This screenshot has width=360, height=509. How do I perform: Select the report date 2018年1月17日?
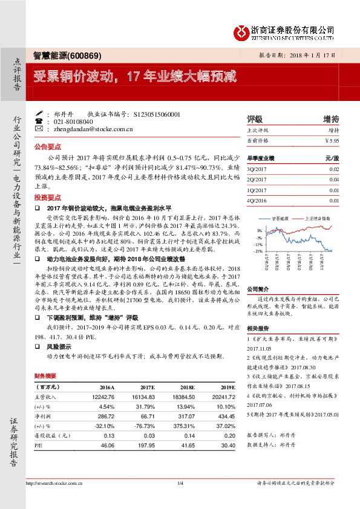[x=315, y=54]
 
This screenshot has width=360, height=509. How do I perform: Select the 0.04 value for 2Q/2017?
[x=335, y=180]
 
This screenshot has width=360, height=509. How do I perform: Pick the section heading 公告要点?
[x=47, y=147]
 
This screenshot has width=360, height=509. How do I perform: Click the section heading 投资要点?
[x=47, y=198]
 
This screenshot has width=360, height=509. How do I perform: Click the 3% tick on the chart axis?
[x=259, y=230]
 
